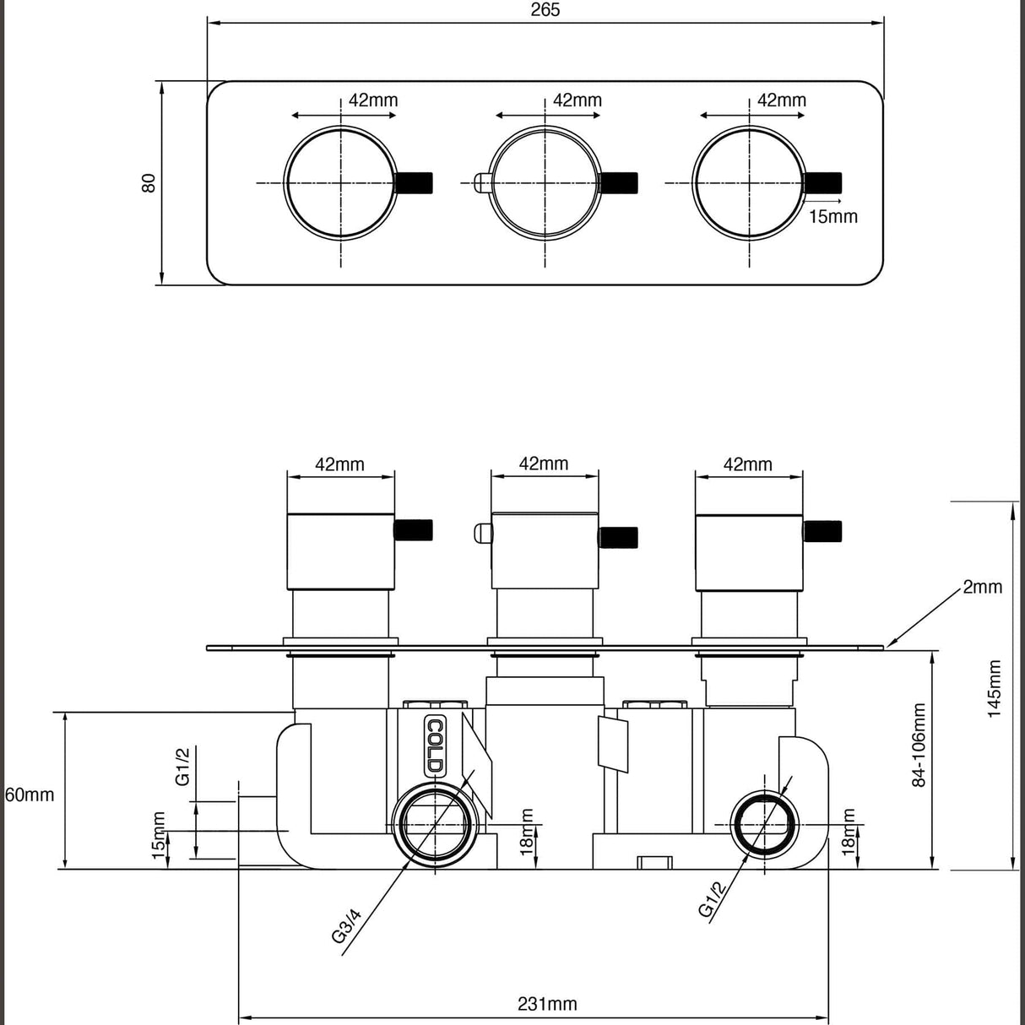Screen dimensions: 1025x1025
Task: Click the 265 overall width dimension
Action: coord(546,10)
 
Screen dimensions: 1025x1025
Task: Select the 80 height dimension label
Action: coord(149,182)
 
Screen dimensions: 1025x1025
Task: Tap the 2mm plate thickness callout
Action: coord(982,587)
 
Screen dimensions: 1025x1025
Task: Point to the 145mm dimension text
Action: coord(994,689)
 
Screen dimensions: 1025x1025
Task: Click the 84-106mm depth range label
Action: coord(919,745)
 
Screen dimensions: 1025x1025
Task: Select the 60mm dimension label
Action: coord(30,795)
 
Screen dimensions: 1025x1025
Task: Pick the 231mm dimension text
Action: coord(546,1004)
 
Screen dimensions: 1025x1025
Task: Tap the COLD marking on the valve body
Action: coord(434,746)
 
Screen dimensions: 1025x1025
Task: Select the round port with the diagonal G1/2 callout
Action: coord(764,824)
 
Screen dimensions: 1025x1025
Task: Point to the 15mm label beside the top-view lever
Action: coord(832,216)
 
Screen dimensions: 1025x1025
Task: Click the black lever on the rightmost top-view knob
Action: coord(824,182)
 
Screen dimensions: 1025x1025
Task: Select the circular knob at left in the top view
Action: coord(340,182)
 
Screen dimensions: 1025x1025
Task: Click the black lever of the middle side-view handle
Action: coord(619,537)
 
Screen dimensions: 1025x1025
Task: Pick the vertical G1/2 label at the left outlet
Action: coord(182,767)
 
